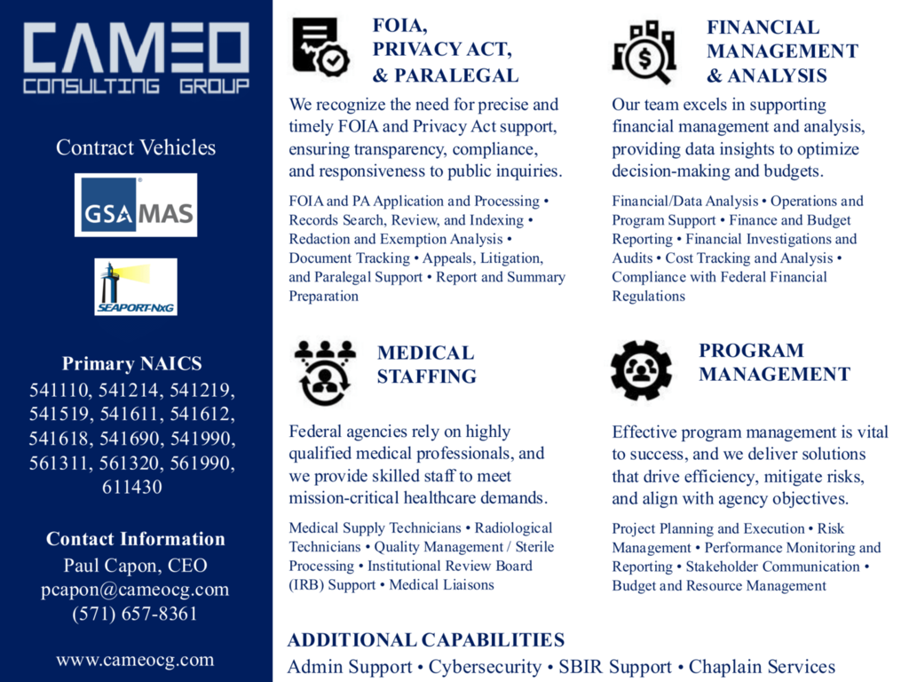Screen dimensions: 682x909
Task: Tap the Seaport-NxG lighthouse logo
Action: point(136,287)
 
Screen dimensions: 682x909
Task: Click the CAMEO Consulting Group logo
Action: point(136,59)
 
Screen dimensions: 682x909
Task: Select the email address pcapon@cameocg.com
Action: point(135,590)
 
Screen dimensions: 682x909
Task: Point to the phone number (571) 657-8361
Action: point(135,614)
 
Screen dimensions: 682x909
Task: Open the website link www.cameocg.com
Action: point(135,660)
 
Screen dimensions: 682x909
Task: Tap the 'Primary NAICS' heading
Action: point(132,363)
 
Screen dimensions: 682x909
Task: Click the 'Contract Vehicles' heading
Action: point(136,147)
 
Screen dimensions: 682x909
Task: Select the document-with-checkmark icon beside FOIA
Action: point(320,47)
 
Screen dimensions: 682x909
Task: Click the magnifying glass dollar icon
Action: point(644,52)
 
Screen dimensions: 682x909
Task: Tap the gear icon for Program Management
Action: point(641,370)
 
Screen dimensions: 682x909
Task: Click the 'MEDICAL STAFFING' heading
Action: point(427,364)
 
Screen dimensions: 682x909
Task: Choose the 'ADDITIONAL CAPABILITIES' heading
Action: point(426,640)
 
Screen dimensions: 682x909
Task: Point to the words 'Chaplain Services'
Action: point(762,667)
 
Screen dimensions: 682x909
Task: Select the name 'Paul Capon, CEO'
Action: point(135,566)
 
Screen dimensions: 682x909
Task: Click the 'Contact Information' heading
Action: point(135,539)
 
